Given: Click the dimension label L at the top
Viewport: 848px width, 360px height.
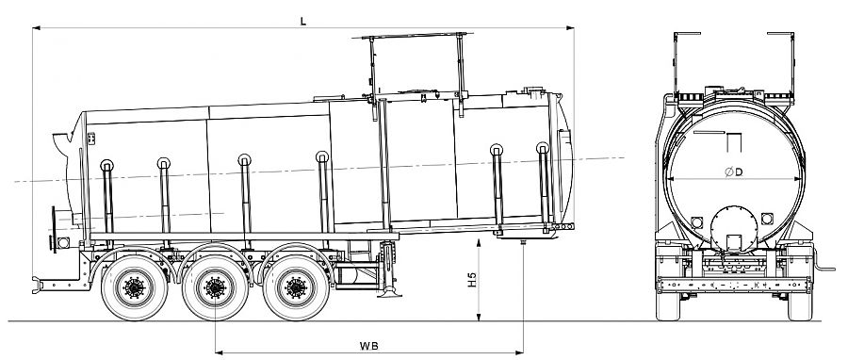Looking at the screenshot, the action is point(303,21).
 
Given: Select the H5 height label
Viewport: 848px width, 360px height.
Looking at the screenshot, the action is point(472,280).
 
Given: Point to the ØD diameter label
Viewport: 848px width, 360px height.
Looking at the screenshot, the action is point(734,172).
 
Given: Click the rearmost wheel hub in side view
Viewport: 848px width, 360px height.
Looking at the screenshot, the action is point(134,287).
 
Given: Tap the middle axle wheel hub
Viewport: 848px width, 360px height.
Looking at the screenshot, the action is point(215,287).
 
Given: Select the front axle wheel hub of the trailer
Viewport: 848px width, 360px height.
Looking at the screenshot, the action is point(297,287).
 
